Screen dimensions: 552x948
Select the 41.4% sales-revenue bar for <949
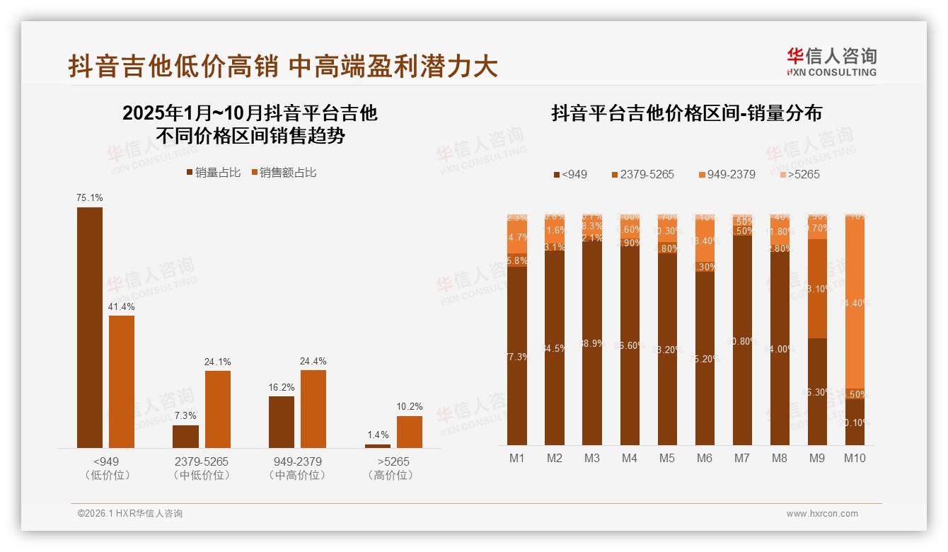pos(122,381)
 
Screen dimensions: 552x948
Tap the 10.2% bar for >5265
pos(409,432)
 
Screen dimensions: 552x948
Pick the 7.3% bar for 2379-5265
pos(186,436)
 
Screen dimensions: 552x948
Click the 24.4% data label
pos(313,362)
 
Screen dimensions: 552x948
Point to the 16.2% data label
pos(282,388)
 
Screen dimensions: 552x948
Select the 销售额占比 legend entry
pos(284,173)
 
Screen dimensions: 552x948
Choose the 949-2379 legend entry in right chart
pos(727,174)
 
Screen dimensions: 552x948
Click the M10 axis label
pos(855,459)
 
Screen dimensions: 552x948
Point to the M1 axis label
pos(517,459)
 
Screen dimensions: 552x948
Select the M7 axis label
pos(742,459)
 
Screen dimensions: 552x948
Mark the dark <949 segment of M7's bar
pos(742,340)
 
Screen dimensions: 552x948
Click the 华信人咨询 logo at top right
pos(831,62)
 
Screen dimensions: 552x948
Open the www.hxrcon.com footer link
pos(822,514)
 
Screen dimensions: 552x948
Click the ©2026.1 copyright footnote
pos(129,514)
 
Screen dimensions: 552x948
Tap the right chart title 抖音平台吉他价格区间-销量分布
pos(686,114)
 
